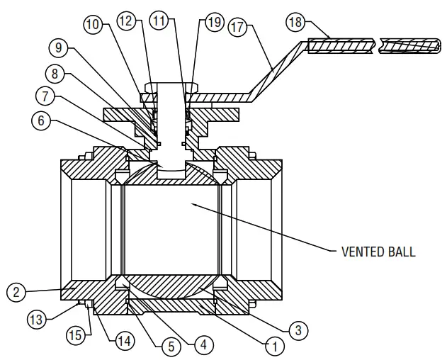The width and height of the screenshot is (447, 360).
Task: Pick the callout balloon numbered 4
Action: point(203,346)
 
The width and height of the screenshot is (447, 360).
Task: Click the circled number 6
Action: point(41,121)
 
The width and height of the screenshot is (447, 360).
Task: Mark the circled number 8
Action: point(53,72)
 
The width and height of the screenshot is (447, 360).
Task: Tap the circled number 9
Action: point(60,49)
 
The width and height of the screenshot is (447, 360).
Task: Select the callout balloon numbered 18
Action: point(298,22)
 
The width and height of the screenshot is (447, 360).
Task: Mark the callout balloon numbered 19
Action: point(214,23)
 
